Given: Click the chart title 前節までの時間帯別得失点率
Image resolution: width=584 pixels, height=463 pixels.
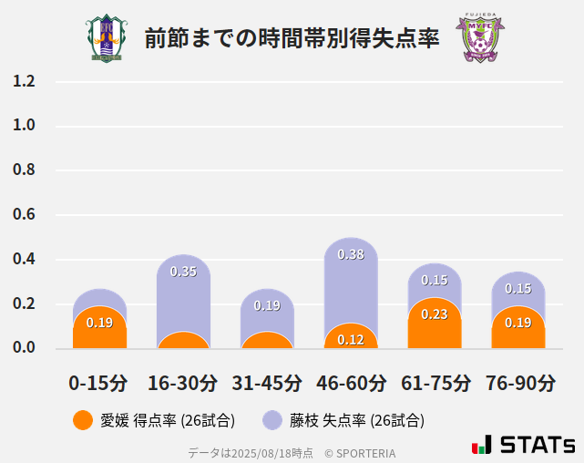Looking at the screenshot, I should [x=292, y=38].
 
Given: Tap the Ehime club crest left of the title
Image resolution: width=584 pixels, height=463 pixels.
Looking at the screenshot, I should [x=107, y=38].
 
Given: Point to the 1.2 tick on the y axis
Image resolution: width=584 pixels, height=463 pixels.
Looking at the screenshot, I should [x=25, y=81].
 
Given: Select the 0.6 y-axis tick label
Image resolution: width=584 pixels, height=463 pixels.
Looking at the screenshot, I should [x=25, y=215].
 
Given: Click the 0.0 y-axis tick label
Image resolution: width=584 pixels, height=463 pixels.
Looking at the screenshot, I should [x=25, y=348].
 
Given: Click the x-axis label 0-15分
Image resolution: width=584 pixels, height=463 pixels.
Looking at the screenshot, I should [x=98, y=383].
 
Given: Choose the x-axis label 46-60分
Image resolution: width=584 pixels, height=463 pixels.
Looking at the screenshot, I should [x=351, y=383].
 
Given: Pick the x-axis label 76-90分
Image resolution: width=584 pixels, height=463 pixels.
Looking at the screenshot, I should [x=518, y=383].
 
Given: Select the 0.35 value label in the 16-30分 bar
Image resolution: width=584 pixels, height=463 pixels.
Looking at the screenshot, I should [x=183, y=272].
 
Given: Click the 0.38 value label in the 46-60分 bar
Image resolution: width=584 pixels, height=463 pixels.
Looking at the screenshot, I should [x=351, y=254].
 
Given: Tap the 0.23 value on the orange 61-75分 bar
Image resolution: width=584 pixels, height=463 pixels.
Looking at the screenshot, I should [x=435, y=314].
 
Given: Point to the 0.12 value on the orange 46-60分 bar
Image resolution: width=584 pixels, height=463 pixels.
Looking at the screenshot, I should [x=351, y=340].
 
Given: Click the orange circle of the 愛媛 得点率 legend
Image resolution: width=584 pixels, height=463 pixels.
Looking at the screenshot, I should [x=82, y=420].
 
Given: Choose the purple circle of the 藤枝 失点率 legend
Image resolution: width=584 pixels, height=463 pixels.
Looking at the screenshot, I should [x=272, y=420].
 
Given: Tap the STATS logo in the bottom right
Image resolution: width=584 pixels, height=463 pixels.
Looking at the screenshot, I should [x=525, y=446].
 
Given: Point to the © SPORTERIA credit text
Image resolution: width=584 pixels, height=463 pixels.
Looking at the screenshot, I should [x=360, y=452].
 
